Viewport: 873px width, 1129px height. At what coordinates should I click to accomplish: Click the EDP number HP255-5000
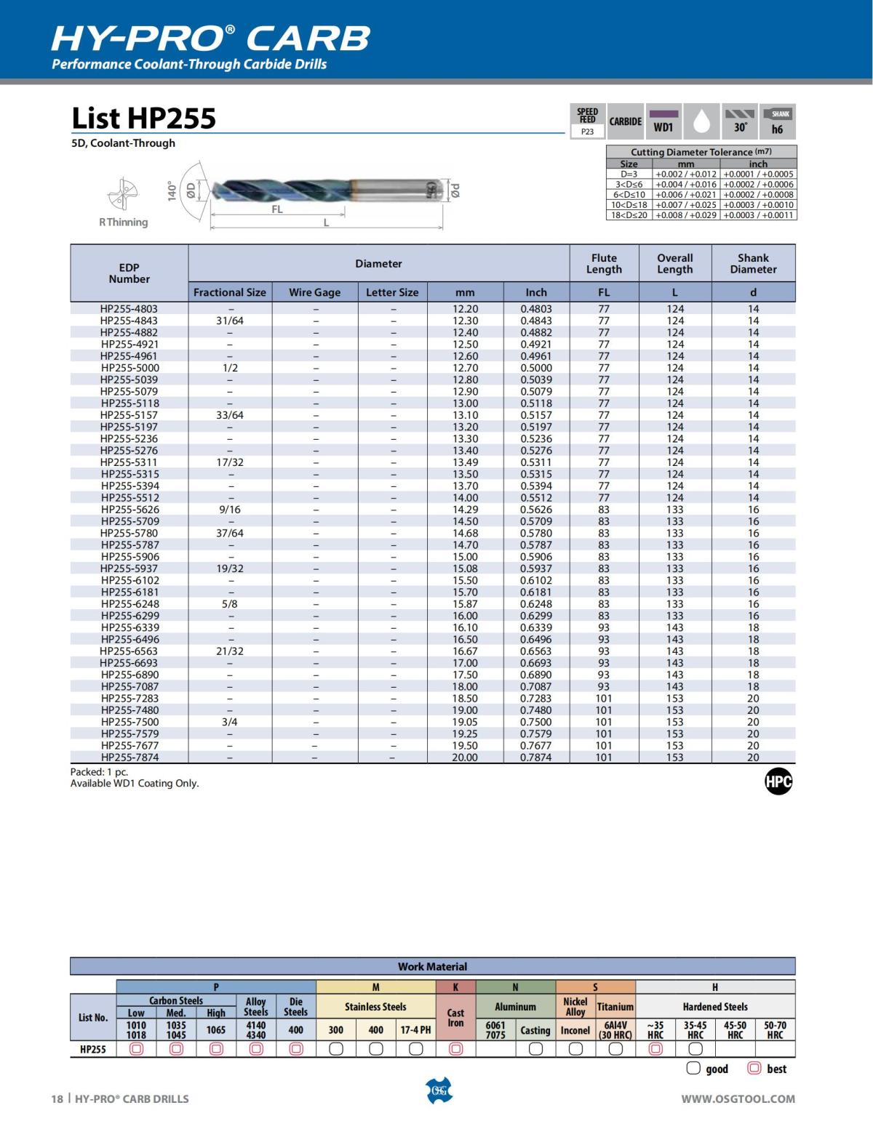129,368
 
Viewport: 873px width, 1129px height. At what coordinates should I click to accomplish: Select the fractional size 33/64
230,415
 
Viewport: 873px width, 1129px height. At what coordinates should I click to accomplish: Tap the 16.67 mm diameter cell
465,651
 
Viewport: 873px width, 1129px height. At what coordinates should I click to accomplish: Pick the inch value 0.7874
536,758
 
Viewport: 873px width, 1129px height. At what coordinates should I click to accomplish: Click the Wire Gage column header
314,292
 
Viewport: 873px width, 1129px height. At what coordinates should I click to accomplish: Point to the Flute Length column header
604,264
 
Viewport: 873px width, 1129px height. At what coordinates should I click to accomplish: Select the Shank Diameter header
753,264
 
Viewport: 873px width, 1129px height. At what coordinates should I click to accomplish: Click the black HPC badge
778,782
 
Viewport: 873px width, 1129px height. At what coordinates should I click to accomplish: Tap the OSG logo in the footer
438,1091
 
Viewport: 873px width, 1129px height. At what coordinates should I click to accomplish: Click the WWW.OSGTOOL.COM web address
738,1099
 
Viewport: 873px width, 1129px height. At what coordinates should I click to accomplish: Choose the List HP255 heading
144,118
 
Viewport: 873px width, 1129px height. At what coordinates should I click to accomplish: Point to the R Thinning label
124,222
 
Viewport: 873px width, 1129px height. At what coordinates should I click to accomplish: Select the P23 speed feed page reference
587,132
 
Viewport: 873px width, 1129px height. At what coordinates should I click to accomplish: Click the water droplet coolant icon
701,121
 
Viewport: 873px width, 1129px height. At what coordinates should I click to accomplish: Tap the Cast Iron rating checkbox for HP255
455,1049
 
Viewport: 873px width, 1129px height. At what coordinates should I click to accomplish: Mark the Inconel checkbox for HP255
575,1049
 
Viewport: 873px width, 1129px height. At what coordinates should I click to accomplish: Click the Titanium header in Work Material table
615,1007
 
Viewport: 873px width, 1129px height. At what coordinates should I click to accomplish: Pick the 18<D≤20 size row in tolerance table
629,215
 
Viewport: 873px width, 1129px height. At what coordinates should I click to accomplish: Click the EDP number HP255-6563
129,651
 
